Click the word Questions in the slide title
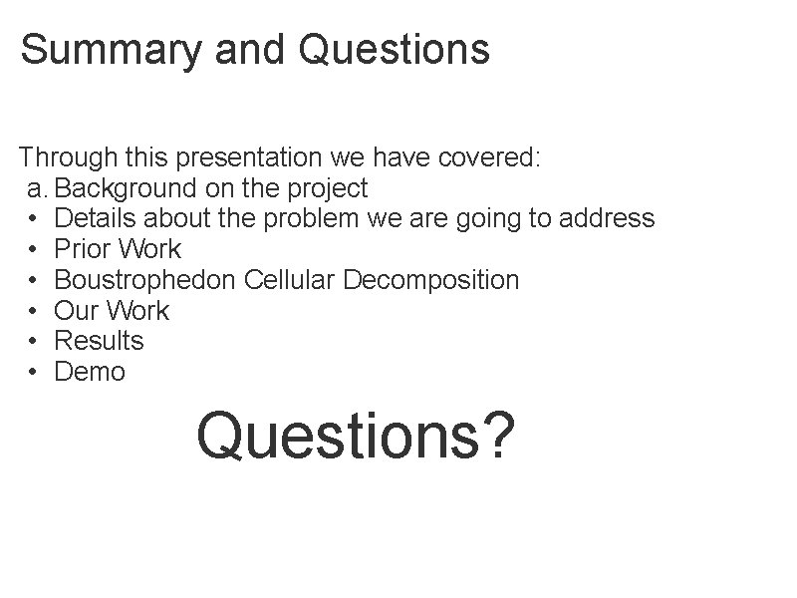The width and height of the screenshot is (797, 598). (394, 49)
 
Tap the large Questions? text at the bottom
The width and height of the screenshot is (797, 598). (356, 436)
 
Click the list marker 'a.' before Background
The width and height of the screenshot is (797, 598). (37, 187)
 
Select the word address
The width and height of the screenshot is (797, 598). (608, 218)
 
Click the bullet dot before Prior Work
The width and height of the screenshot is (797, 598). (33, 249)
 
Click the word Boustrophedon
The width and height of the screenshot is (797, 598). (145, 280)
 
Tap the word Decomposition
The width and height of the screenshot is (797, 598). (430, 280)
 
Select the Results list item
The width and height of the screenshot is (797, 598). (99, 341)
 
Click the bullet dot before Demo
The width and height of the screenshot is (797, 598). (33, 372)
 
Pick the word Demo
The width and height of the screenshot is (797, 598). (90, 372)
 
